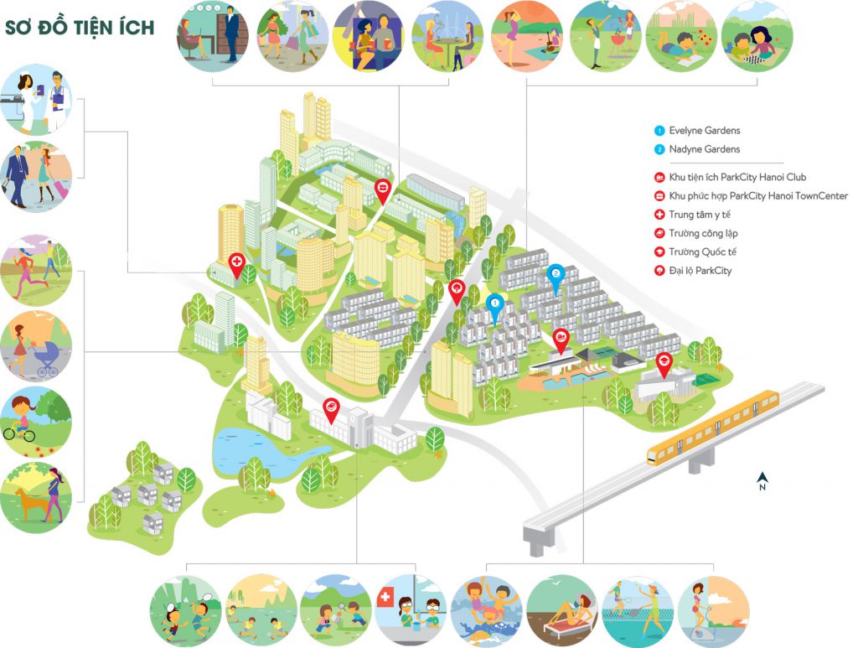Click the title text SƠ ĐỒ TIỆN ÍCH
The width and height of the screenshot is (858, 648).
tap(80, 28)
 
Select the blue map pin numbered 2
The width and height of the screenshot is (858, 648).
tap(554, 275)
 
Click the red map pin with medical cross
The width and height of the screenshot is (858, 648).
tap(236, 266)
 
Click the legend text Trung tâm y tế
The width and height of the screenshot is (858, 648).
tap(700, 215)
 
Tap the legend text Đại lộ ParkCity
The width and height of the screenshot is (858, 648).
tap(700, 270)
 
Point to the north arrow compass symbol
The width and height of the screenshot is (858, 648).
tap(762, 481)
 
